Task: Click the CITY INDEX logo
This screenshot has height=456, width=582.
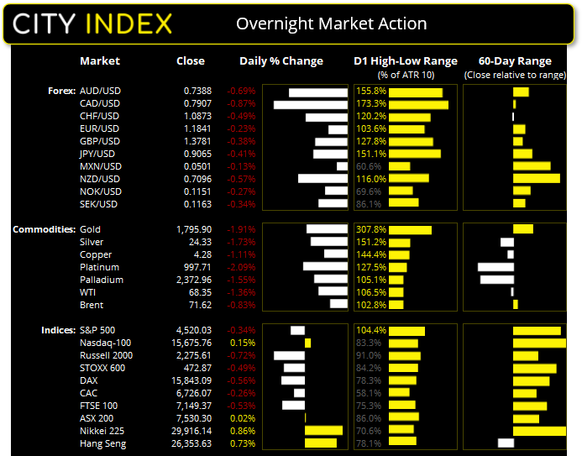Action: click(93, 23)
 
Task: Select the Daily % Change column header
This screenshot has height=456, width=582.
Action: click(281, 60)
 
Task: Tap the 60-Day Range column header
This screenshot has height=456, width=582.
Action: click(514, 60)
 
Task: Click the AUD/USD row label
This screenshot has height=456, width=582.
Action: click(99, 91)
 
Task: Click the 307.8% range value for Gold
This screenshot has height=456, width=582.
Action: click(370, 229)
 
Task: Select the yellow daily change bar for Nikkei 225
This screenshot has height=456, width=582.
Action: click(323, 431)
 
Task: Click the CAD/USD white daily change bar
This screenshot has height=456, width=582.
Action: click(310, 104)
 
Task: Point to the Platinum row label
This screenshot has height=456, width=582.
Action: click(99, 267)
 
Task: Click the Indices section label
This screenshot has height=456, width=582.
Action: click(56, 330)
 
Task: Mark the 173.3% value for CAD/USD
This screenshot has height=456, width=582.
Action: click(370, 104)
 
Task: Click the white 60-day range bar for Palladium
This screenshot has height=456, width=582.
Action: click(496, 280)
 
